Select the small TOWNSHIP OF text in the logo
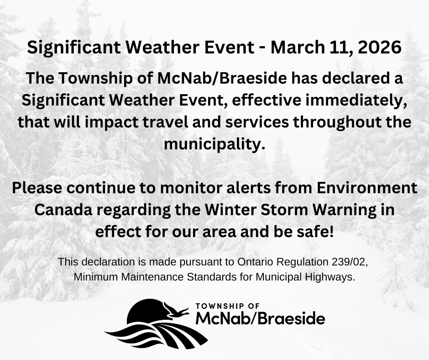[x=228, y=306]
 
